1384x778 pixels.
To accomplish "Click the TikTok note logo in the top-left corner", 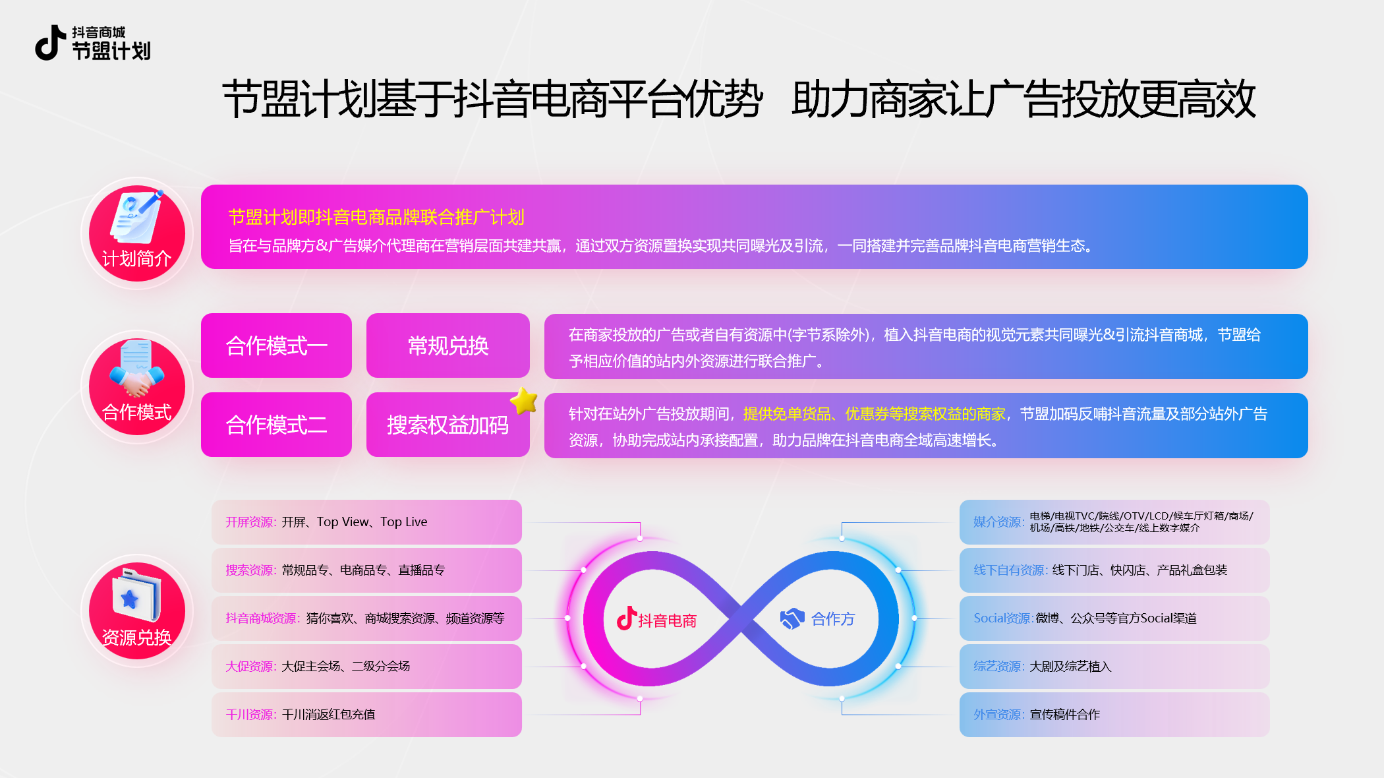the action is pyautogui.click(x=50, y=43).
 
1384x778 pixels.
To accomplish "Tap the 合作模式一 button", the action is pyautogui.click(x=276, y=345).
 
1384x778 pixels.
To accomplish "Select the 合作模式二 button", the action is pyautogui.click(x=276, y=425).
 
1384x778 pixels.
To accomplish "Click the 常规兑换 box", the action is pyautogui.click(x=448, y=345).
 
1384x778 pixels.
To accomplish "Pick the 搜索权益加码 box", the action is pyautogui.click(x=448, y=425).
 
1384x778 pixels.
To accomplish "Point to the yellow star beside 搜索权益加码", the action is pyautogui.click(x=525, y=401).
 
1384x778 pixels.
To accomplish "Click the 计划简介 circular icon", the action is pyautogui.click(x=137, y=233).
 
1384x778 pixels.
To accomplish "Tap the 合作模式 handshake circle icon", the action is pyautogui.click(x=137, y=387).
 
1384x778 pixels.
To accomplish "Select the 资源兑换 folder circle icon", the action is pyautogui.click(x=137, y=611).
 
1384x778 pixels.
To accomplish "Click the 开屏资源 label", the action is pyautogui.click(x=250, y=522).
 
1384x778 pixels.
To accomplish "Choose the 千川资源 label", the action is pyautogui.click(x=250, y=715).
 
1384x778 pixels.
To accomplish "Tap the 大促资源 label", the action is pyautogui.click(x=250, y=667).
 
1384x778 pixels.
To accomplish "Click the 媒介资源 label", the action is pyautogui.click(x=998, y=522).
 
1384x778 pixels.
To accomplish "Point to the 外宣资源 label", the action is pyautogui.click(x=998, y=715).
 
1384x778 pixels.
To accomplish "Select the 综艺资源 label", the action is pyautogui.click(x=998, y=667).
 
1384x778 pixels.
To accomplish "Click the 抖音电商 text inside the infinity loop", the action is pyautogui.click(x=667, y=620).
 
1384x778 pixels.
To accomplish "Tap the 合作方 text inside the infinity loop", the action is pyautogui.click(x=833, y=619).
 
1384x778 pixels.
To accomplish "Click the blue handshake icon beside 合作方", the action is pyautogui.click(x=792, y=618).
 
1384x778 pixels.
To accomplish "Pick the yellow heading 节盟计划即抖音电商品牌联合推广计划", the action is pyautogui.click(x=376, y=217).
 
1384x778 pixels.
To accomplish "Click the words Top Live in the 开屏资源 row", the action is pyautogui.click(x=403, y=522).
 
